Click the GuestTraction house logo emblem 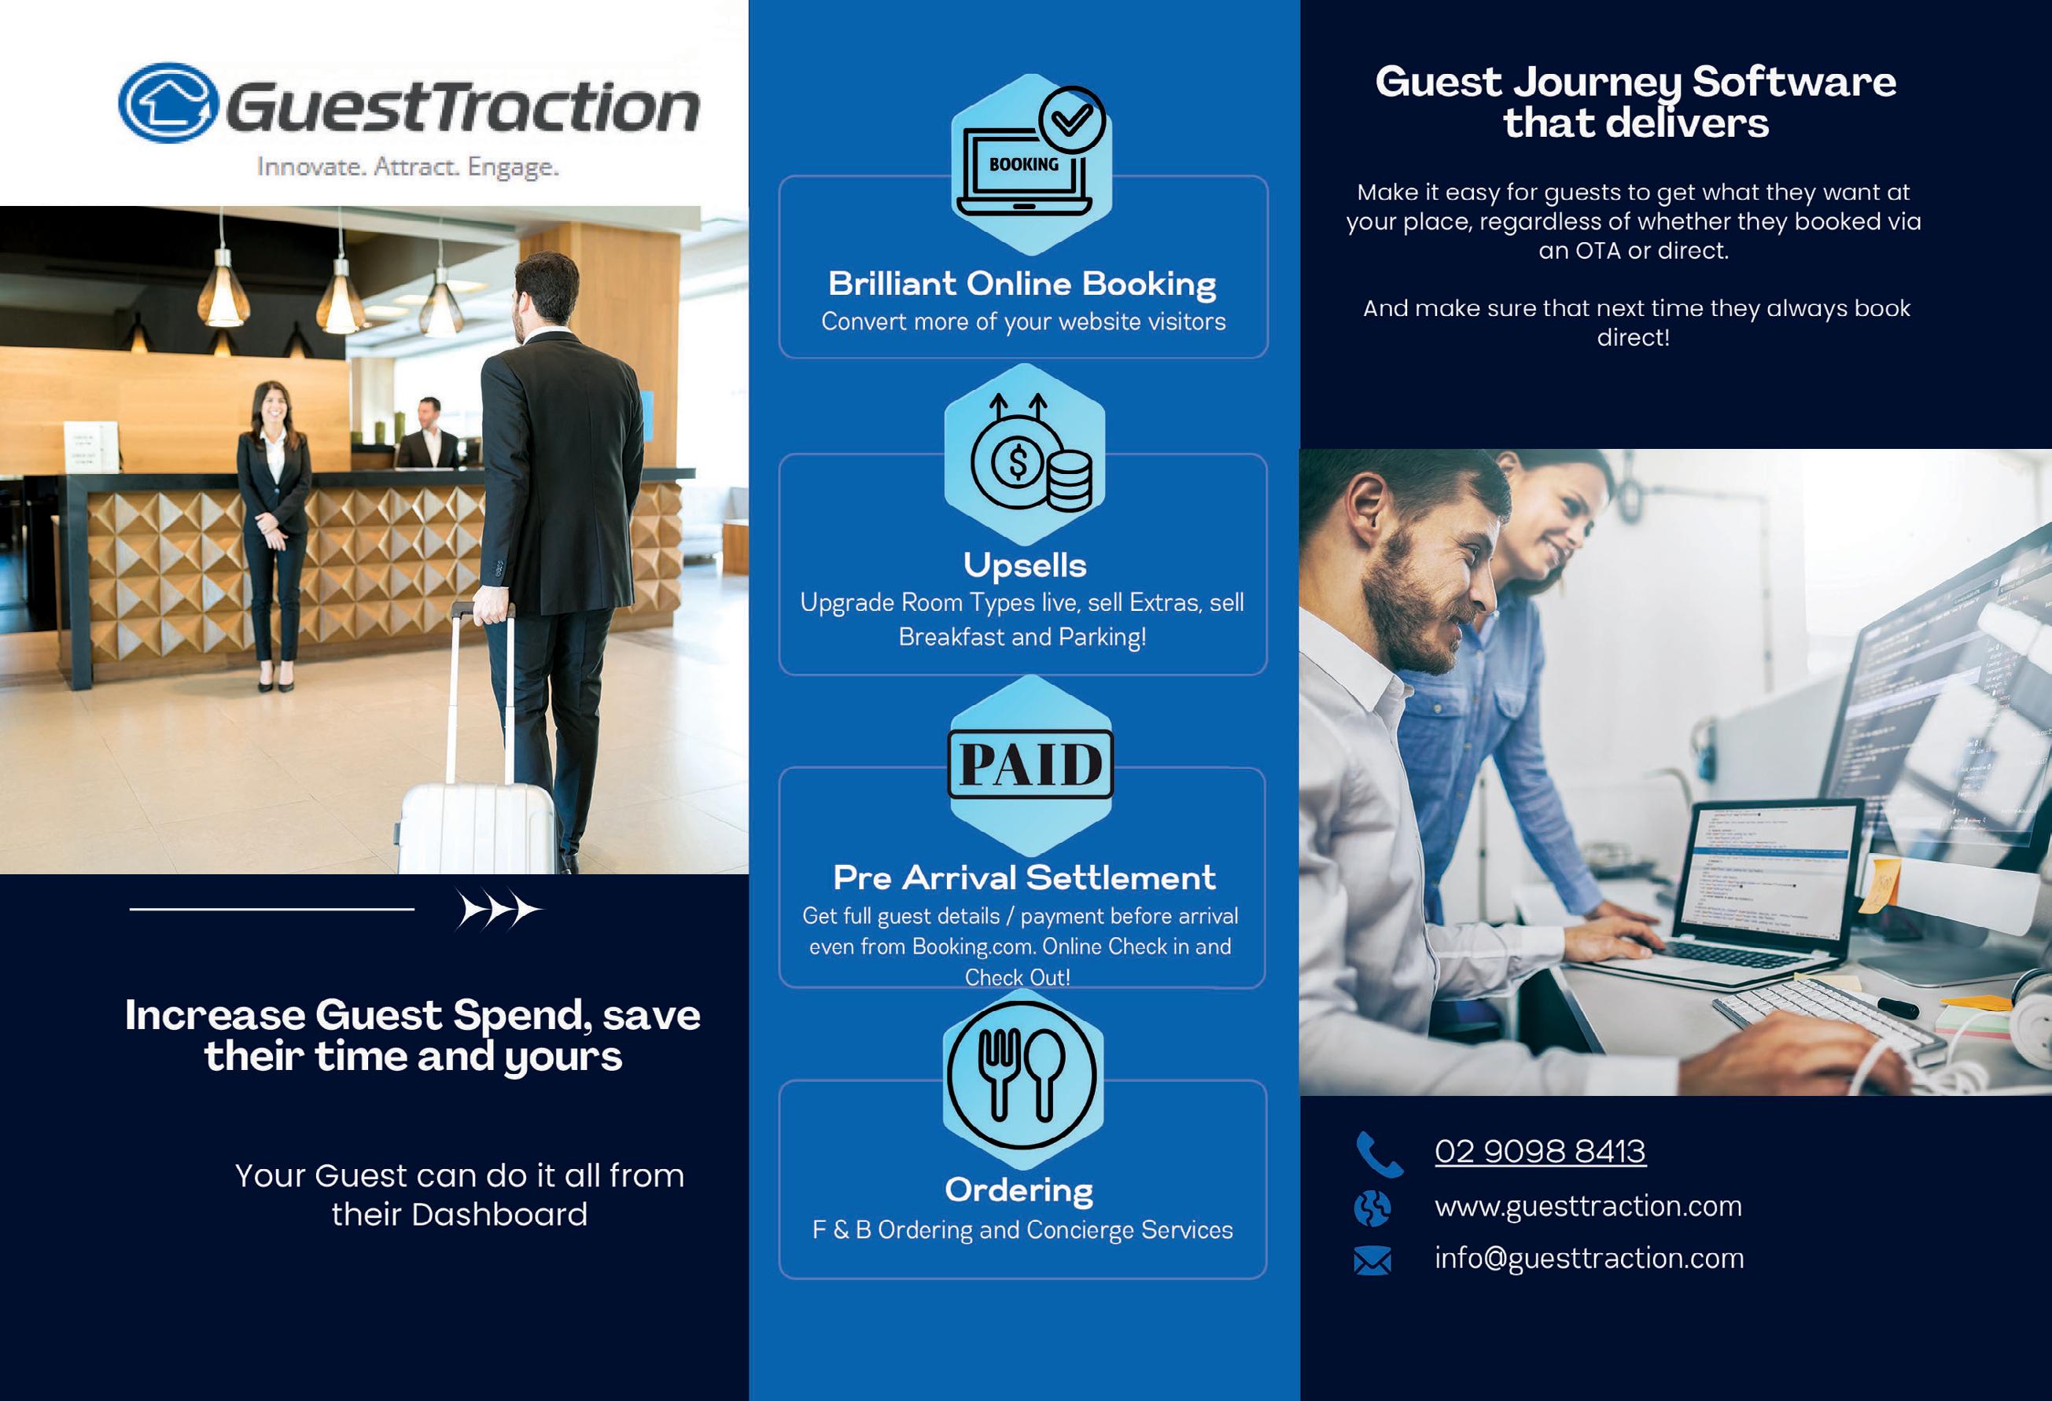pyautogui.click(x=168, y=102)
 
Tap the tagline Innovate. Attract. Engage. pyautogui.click(x=408, y=166)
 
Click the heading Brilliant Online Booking pyautogui.click(x=1022, y=283)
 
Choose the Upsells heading pyautogui.click(x=1024, y=565)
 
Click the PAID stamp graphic pyautogui.click(x=1030, y=763)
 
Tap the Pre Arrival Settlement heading pyautogui.click(x=1024, y=877)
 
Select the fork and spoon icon pyautogui.click(x=1022, y=1076)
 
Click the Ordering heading pyautogui.click(x=1019, y=1190)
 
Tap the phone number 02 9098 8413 pyautogui.click(x=1540, y=1151)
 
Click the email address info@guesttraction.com pyautogui.click(x=1590, y=1258)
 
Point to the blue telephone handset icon pyautogui.click(x=1377, y=1155)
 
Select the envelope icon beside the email pyautogui.click(x=1372, y=1260)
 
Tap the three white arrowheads pyautogui.click(x=499, y=910)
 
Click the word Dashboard pyautogui.click(x=499, y=1215)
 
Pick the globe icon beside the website pyautogui.click(x=1372, y=1208)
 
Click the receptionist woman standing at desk pyautogui.click(x=274, y=534)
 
